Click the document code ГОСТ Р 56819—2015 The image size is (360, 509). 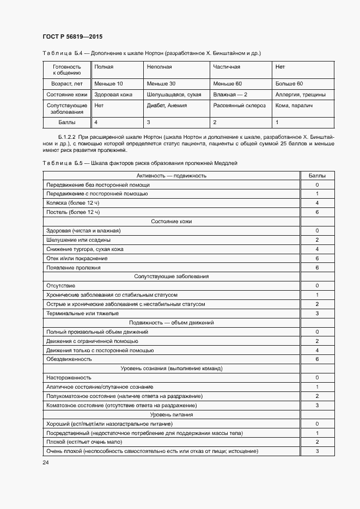[72, 36]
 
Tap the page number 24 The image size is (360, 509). [45, 462]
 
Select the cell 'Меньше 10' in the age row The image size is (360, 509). [108, 84]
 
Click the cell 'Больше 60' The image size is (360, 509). [289, 84]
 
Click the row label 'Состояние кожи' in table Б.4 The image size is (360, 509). [66, 94]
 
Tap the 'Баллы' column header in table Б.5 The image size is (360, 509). [317, 175]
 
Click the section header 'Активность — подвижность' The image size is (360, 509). [171, 175]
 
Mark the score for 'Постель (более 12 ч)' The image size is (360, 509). [317, 212]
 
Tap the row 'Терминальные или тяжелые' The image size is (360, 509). [83, 314]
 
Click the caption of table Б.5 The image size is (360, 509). [139, 163]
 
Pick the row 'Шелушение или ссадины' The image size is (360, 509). [78, 240]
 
